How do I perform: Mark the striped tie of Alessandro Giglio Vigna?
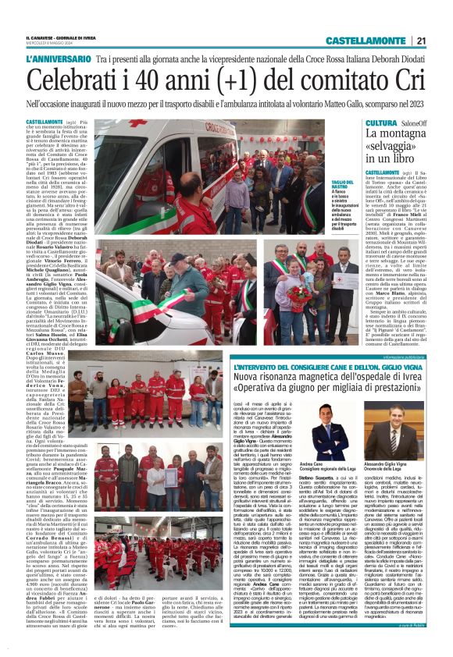397,460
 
